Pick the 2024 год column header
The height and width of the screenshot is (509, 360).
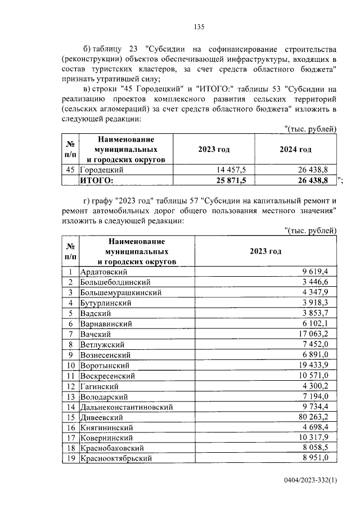tap(296, 150)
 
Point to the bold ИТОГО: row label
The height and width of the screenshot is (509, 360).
tap(97, 180)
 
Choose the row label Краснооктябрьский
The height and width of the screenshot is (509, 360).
tap(118, 460)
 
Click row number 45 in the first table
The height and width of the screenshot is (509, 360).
tap(70, 169)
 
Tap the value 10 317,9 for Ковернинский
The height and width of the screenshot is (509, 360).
tap(318, 439)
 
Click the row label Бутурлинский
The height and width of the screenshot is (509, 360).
tap(106, 303)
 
